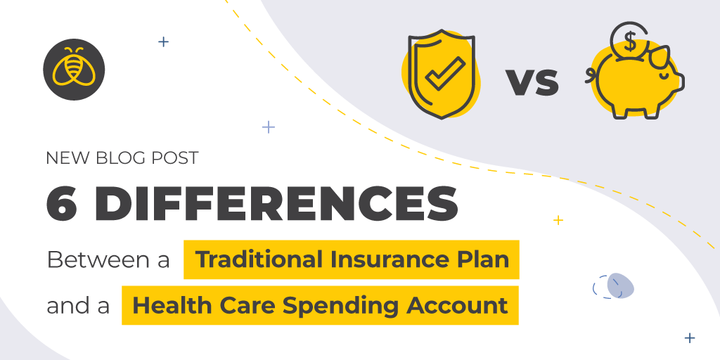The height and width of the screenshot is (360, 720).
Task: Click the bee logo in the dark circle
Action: [73, 70]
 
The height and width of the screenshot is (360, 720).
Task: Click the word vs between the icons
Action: [532, 83]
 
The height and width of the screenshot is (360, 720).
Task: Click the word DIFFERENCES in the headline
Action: [276, 202]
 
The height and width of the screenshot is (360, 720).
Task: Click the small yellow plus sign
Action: [558, 220]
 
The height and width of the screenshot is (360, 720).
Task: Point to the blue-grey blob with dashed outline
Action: [619, 285]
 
